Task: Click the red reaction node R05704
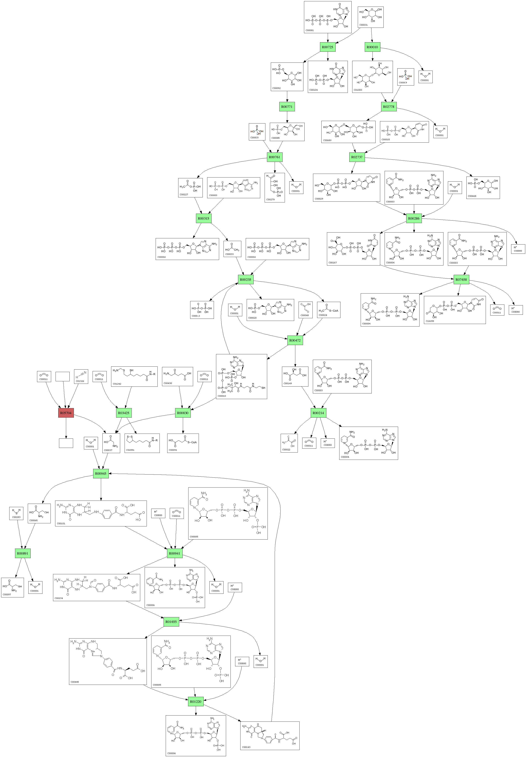pyautogui.click(x=66, y=413)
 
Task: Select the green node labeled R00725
pyautogui.click(x=327, y=47)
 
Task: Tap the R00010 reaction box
pyautogui.click(x=372, y=47)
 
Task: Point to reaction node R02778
pyautogui.click(x=388, y=107)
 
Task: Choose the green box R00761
pyautogui.click(x=274, y=157)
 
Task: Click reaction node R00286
pyautogui.click(x=414, y=218)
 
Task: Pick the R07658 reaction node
pyautogui.click(x=461, y=280)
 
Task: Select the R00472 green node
pyautogui.click(x=295, y=340)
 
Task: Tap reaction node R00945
pyautogui.click(x=101, y=474)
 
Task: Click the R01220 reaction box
pyautogui.click(x=195, y=702)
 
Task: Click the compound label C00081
pyautogui.click(x=309, y=30)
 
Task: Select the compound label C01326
pyautogui.click(x=80, y=381)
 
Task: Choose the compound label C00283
pyautogui.click(x=16, y=517)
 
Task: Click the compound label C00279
pyautogui.click(x=270, y=200)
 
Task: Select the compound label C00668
pyautogui.click(x=472, y=196)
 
